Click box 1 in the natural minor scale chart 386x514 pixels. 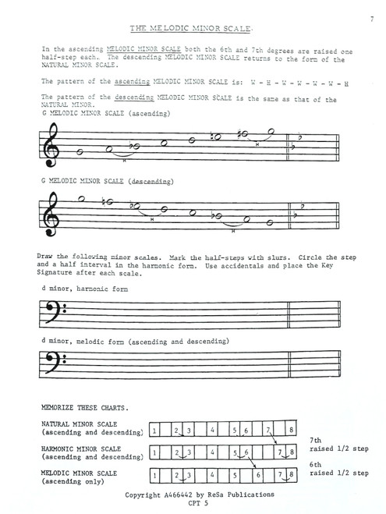pos(155,430)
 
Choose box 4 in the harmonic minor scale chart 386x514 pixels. pos(212,452)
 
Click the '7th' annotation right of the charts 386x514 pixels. pos(321,441)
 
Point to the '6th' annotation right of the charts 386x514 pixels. pos(321,463)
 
